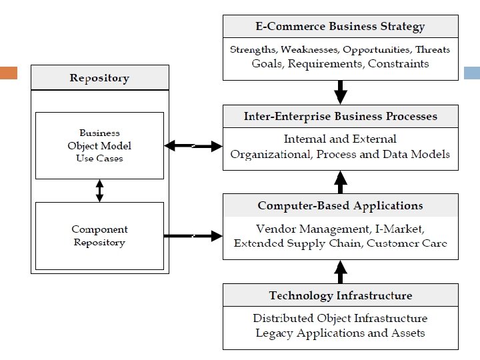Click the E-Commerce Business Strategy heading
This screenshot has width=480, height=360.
[340, 27]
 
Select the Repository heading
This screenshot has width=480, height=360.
[99, 79]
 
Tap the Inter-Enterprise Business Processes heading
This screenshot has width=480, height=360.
[340, 116]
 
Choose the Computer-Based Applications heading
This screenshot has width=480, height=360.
[340, 205]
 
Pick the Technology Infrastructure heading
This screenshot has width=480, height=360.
[340, 295]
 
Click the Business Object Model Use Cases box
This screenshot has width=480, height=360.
[99, 145]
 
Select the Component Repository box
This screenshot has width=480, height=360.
[99, 236]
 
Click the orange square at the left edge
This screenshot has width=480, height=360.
[8, 72]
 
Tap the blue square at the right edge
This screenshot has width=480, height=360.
[471, 72]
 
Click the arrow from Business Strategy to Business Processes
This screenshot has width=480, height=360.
[340, 91]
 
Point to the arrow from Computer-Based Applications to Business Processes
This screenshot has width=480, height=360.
[340, 181]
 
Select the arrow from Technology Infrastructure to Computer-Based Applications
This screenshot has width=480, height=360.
[340, 271]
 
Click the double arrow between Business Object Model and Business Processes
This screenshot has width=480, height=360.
[193, 145]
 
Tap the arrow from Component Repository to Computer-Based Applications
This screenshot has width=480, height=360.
[193, 235]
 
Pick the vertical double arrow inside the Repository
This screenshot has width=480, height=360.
[99, 191]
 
